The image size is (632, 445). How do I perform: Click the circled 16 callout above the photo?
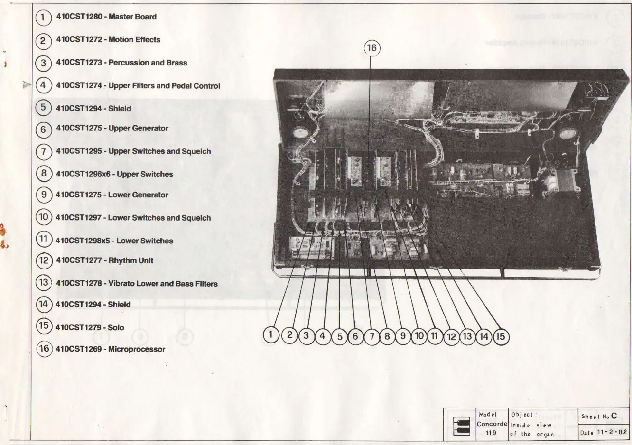(372, 48)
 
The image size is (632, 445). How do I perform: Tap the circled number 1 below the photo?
(271, 334)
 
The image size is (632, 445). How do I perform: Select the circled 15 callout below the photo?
(500, 337)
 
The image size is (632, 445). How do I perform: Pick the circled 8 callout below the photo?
(387, 336)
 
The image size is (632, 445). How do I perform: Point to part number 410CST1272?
(79, 40)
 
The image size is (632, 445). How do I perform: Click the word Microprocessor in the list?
(137, 349)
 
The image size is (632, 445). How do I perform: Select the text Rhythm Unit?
(131, 260)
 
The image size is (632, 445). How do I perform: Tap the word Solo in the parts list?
(116, 328)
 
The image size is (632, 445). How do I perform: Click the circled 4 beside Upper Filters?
(43, 85)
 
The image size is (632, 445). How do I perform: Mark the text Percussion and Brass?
(148, 63)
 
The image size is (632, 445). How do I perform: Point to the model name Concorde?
(492, 424)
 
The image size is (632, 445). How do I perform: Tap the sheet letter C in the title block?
(614, 416)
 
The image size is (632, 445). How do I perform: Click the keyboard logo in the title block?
(461, 425)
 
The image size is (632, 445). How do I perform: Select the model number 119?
(490, 433)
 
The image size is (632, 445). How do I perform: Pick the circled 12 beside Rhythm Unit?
(44, 260)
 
